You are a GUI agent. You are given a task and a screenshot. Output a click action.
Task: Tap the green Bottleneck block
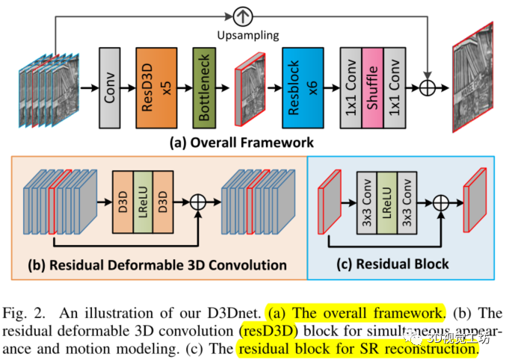(x=204, y=87)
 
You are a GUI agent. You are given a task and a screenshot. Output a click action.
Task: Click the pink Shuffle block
(x=374, y=87)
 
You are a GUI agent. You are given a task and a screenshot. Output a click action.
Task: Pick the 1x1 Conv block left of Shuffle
(x=351, y=87)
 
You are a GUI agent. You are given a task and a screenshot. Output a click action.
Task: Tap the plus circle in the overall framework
(x=427, y=87)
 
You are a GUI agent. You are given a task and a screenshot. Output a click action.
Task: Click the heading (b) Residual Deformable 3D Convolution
(x=157, y=264)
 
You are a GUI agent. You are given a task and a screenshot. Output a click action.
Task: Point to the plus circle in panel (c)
(x=439, y=200)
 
